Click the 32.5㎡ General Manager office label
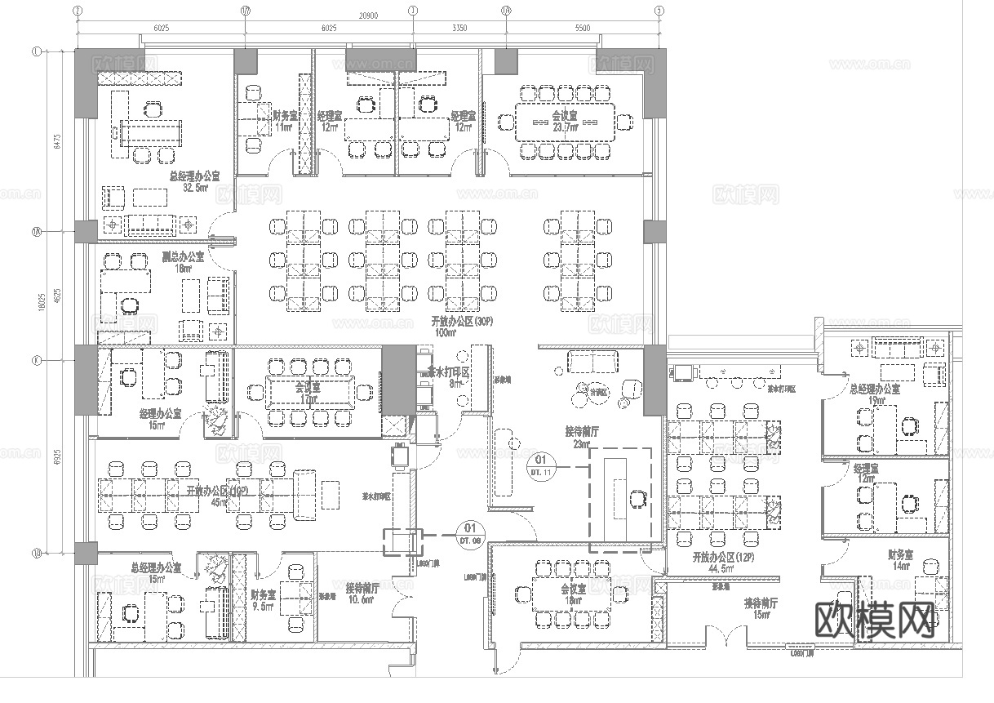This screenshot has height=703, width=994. pos(194,181)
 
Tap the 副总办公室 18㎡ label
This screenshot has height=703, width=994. pos(176,262)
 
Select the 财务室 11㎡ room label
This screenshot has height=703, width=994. pos(284,122)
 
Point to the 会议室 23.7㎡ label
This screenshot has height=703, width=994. pos(565,122)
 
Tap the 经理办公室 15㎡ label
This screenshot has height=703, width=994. pos(160,420)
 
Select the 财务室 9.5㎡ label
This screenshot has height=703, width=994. pos(263,601)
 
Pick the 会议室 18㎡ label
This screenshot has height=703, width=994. pos(572,594)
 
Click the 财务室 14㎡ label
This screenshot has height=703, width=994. pos(900,559)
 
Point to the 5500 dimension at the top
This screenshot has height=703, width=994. pos(582,28)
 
